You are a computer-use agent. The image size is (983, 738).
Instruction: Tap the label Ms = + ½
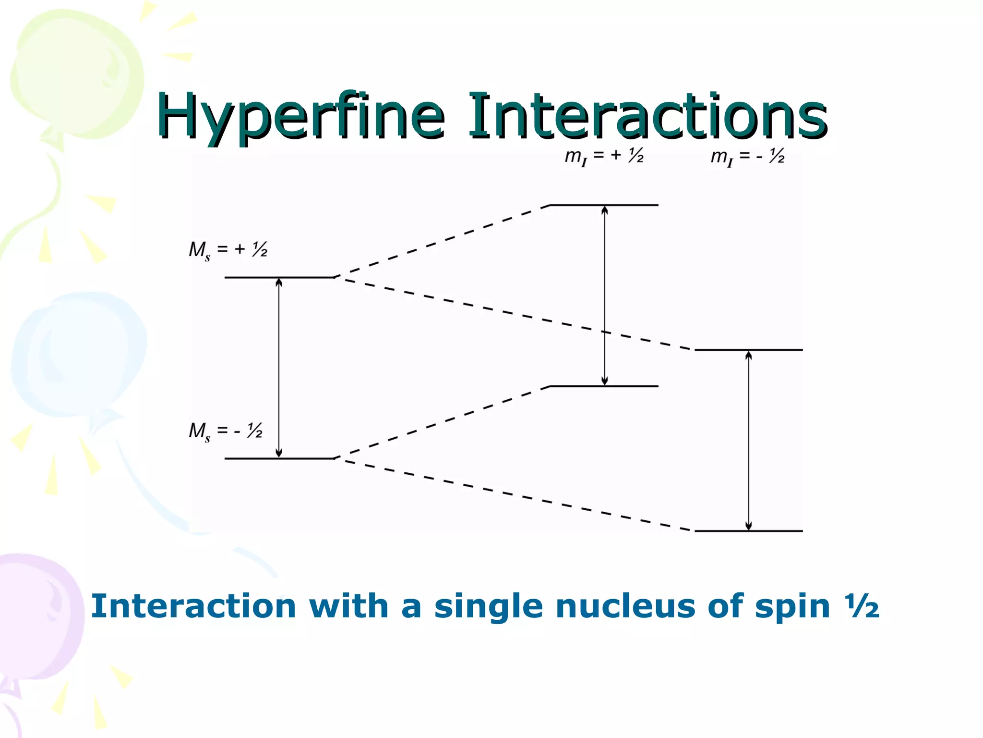(228, 250)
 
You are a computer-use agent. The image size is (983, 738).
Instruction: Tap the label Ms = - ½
(226, 431)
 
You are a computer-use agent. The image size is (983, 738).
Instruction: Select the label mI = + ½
(604, 157)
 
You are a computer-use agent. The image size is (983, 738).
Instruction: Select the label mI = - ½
(747, 157)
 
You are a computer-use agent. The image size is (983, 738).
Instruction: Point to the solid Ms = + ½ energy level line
(279, 277)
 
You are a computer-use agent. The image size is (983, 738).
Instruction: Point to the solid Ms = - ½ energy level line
(279, 458)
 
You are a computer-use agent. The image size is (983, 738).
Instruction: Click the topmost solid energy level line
(604, 205)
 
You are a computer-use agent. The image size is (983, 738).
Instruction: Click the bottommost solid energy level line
(748, 531)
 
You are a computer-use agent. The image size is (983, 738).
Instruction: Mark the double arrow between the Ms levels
(279, 368)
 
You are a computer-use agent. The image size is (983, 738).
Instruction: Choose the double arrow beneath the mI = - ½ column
(748, 441)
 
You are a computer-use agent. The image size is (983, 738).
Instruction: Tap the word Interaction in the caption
(193, 606)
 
